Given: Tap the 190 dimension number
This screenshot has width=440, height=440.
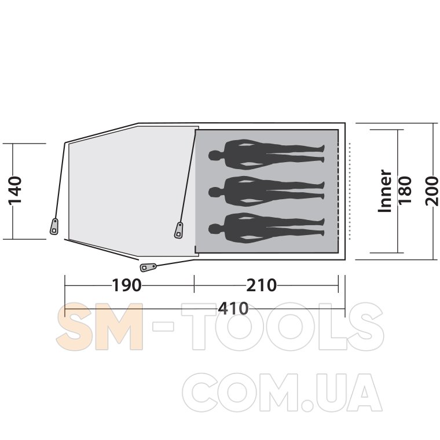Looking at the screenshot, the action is pos(127,285).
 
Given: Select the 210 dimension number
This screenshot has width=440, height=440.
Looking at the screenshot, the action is pos(262,285).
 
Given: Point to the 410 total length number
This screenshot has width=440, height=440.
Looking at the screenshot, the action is pos(233,309).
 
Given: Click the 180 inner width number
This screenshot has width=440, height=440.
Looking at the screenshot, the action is pos(405,190).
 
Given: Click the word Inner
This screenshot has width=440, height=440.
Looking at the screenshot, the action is pos(385,191).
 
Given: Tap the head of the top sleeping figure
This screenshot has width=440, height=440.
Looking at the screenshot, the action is pos(215,155).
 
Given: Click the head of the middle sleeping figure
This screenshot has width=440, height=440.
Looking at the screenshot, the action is pos(215,192).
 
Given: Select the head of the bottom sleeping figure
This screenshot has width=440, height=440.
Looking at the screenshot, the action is pos(215,229).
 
